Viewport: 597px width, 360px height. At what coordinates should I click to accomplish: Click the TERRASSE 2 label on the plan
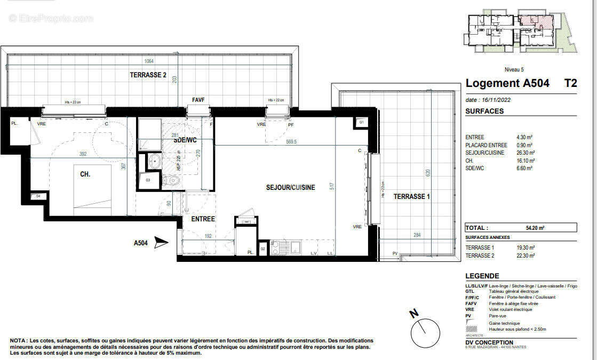148,75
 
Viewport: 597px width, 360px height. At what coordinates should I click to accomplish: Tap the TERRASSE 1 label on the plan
411,197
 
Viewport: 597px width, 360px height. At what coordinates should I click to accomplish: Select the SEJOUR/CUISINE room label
290,187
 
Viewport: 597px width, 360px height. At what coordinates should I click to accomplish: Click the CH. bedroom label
85,174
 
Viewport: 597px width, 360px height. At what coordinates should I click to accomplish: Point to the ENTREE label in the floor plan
203,219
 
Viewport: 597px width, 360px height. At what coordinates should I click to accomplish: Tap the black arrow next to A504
161,243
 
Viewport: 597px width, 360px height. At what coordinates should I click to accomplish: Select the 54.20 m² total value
535,228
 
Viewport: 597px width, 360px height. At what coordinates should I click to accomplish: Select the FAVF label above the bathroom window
198,100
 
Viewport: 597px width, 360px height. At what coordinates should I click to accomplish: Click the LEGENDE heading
482,276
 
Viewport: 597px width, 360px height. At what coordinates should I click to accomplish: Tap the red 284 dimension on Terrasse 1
417,234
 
